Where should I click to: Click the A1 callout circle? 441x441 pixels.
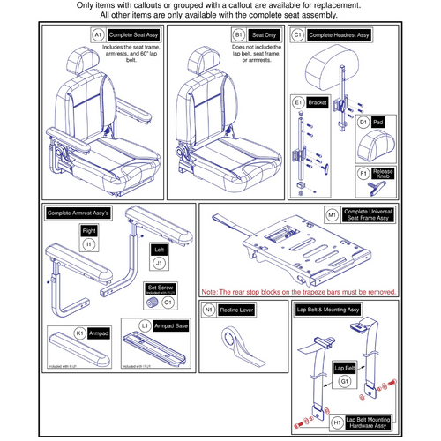pyautogui.click(x=99, y=34)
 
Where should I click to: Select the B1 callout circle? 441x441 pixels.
pyautogui.click(x=238, y=34)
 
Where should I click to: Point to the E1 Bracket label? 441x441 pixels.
pyautogui.click(x=318, y=103)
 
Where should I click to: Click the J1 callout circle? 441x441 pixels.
pyautogui.click(x=161, y=261)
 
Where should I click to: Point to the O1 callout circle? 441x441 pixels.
pyautogui.click(x=169, y=302)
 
